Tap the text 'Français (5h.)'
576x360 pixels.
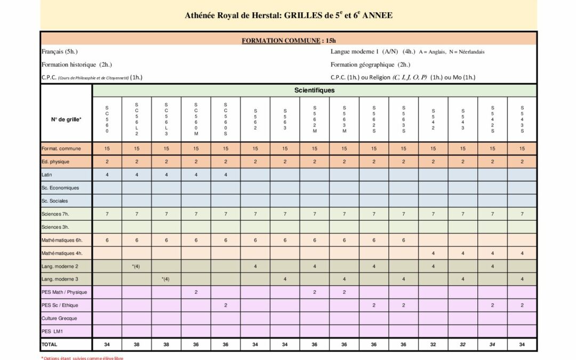(x=60, y=52)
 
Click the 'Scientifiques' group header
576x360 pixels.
(x=315, y=90)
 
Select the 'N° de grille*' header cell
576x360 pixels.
(x=66, y=119)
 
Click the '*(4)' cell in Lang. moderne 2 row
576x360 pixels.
(x=137, y=266)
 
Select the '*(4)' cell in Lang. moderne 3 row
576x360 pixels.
(x=166, y=279)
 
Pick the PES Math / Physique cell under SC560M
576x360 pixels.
(x=196, y=292)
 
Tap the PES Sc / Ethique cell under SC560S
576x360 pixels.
(x=226, y=305)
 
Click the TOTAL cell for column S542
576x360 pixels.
(x=433, y=345)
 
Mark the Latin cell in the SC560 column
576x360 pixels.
(x=107, y=174)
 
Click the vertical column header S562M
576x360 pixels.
(x=315, y=119)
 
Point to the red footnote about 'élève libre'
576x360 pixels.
(x=82, y=358)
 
